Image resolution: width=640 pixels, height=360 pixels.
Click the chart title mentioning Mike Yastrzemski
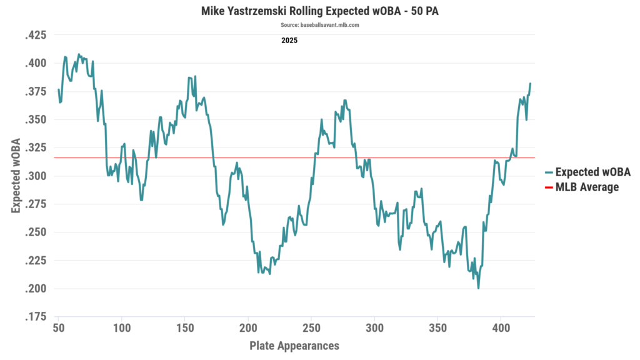[319, 11]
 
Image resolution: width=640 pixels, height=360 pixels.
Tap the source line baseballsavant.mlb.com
[319, 25]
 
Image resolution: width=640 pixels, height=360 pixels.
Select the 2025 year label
[289, 41]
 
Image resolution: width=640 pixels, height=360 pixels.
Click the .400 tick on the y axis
[35, 63]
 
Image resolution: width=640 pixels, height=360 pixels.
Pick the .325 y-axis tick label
[35, 148]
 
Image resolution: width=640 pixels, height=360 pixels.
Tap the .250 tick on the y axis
[35, 232]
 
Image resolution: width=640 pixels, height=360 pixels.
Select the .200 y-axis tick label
[35, 289]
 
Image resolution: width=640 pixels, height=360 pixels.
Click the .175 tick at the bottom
[35, 317]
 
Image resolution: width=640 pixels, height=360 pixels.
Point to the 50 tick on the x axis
[58, 328]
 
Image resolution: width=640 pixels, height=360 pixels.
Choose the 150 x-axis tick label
[185, 328]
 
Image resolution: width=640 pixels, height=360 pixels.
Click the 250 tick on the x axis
[311, 328]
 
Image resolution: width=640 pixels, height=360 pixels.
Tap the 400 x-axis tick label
[501, 328]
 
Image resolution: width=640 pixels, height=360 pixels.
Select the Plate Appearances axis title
[294, 345]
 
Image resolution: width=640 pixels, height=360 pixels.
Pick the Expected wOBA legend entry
[592, 172]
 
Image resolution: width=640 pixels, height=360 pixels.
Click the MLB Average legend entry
[587, 187]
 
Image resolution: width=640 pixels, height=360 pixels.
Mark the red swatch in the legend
[549, 187]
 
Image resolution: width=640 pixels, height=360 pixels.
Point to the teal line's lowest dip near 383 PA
[479, 288]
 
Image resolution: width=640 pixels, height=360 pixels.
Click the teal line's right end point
[531, 83]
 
